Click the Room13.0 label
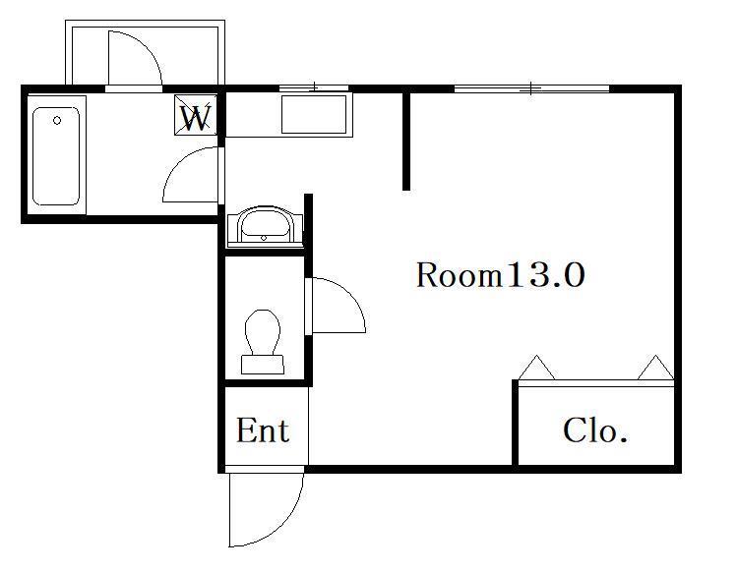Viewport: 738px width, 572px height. point(500,275)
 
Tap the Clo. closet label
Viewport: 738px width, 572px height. point(595,430)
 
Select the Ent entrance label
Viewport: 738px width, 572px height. point(262,430)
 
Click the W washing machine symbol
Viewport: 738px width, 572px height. point(196,115)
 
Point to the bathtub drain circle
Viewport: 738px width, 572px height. point(57,121)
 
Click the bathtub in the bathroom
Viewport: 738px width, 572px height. point(56,156)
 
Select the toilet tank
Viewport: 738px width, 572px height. point(263,365)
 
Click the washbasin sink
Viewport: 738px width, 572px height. point(265,226)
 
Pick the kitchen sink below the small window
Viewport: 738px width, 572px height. point(315,115)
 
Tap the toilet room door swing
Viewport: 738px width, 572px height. point(350,295)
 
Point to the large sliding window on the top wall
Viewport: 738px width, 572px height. point(531,88)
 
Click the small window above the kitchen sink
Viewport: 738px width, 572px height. point(314,87)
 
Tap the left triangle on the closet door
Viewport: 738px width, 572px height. point(536,367)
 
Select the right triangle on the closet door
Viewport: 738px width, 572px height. point(656,367)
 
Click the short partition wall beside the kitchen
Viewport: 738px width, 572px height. point(406,141)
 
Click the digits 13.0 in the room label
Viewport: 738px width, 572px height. point(545,275)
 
